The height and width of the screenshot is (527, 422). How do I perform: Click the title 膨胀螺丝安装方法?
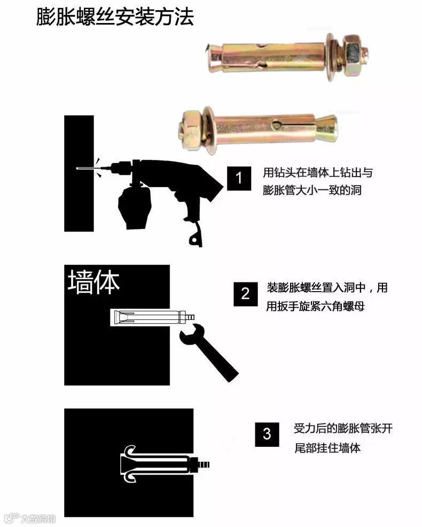click(x=115, y=17)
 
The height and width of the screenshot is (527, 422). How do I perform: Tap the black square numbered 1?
click(x=239, y=178)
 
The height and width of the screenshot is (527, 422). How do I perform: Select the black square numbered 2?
click(x=246, y=294)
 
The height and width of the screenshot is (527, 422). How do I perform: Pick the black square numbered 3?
click(x=267, y=434)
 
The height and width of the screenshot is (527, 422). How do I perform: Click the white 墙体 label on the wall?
click(x=93, y=282)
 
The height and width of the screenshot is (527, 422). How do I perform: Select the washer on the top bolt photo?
click(x=331, y=57)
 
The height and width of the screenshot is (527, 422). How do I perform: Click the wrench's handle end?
click(x=231, y=375)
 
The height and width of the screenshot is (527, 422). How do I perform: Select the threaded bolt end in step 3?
click(x=202, y=465)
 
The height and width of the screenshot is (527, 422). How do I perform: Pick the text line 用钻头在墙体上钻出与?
click(x=317, y=172)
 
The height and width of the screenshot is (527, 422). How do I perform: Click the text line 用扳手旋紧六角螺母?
click(x=315, y=306)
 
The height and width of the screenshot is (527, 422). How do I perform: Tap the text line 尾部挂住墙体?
click(x=327, y=448)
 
